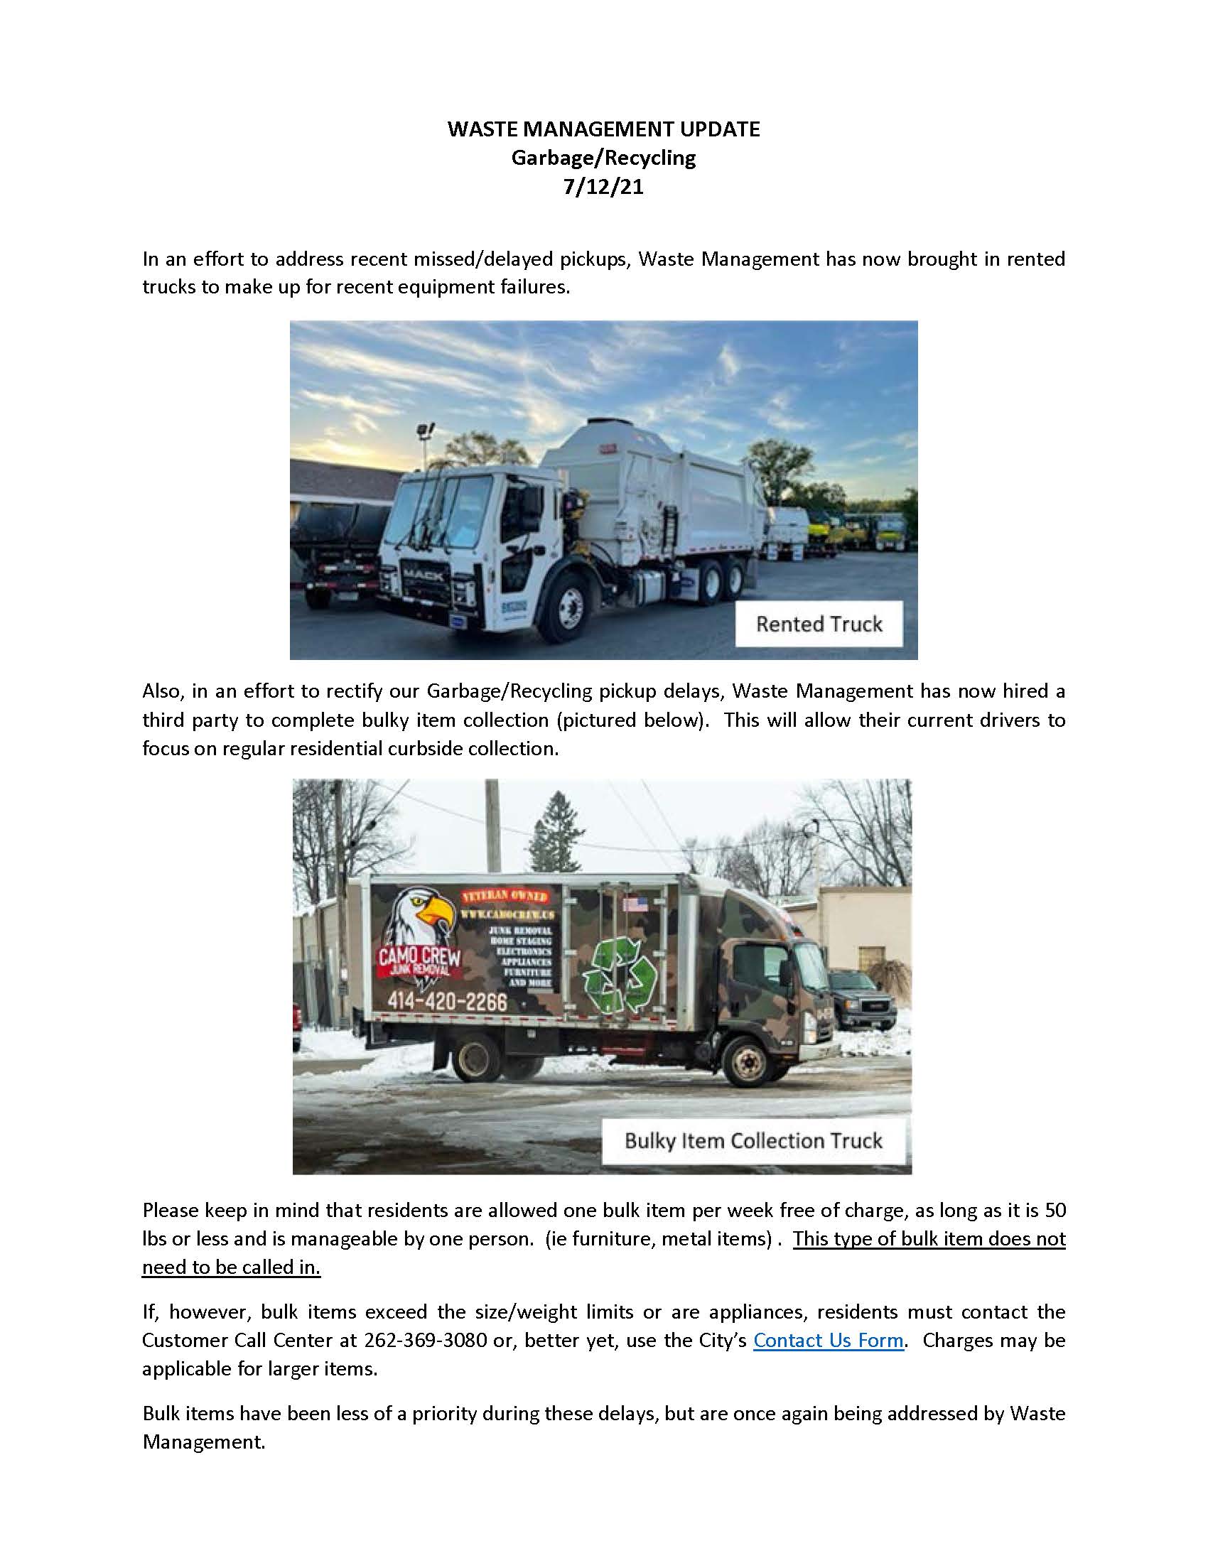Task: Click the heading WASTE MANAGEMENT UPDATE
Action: (603, 129)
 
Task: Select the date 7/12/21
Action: (603, 187)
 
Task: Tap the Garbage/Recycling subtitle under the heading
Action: (603, 158)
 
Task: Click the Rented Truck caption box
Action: (819, 624)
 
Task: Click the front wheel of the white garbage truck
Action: (571, 612)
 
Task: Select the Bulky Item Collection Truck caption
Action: (753, 1140)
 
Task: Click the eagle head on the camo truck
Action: (422, 919)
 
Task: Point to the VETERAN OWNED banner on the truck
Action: (505, 896)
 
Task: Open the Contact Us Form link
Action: (828, 1340)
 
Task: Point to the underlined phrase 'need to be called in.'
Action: (231, 1267)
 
